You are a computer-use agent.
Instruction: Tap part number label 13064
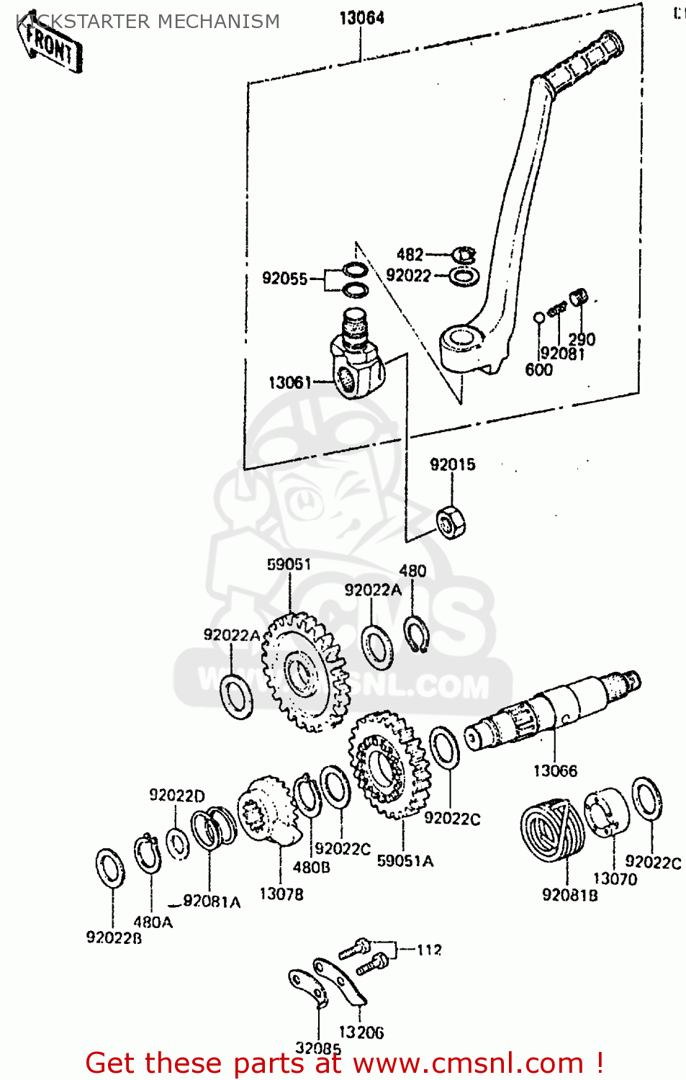click(361, 18)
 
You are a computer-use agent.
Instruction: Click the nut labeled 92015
click(451, 521)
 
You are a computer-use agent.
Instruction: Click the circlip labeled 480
click(415, 634)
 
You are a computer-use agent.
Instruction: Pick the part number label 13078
click(281, 894)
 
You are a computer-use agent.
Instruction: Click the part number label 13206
click(361, 1032)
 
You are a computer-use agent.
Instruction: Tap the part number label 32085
click(317, 1048)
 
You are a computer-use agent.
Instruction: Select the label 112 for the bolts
click(429, 950)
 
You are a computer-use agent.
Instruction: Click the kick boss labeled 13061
click(356, 356)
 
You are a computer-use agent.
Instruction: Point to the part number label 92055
click(284, 279)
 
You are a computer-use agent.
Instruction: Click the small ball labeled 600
click(538, 317)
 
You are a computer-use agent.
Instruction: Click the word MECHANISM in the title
click(218, 22)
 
